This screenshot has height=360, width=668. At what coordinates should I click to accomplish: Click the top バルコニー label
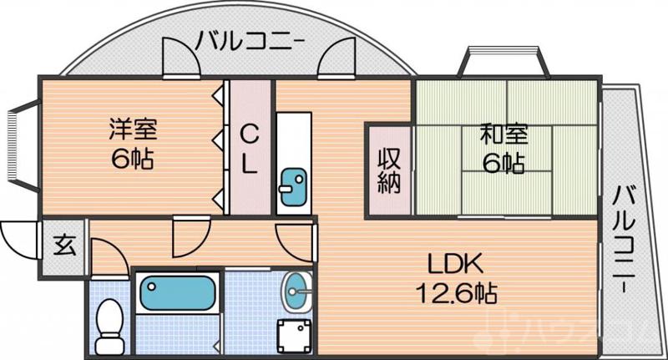250,39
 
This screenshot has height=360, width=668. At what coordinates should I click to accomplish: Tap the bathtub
178,293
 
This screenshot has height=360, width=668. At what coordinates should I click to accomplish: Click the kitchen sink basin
292,185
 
